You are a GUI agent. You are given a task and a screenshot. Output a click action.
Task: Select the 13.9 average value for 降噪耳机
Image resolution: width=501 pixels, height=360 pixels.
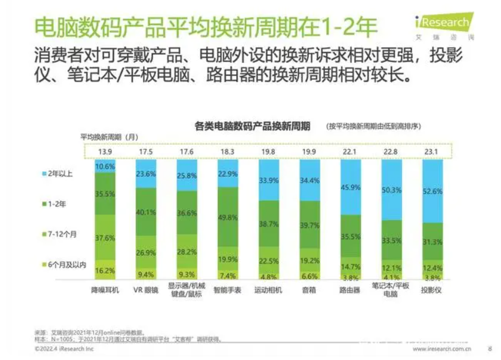[x=105, y=150]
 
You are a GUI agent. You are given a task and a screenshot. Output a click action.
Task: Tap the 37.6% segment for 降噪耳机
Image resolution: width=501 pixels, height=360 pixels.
[x=105, y=237]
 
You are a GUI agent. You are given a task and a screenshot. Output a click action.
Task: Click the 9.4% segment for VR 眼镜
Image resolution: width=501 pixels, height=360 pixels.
[x=146, y=274]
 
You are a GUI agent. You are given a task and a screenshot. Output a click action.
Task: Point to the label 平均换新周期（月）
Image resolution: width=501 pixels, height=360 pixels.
[x=110, y=136]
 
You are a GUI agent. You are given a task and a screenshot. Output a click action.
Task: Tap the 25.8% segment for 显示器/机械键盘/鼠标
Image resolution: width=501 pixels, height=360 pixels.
[x=187, y=175]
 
